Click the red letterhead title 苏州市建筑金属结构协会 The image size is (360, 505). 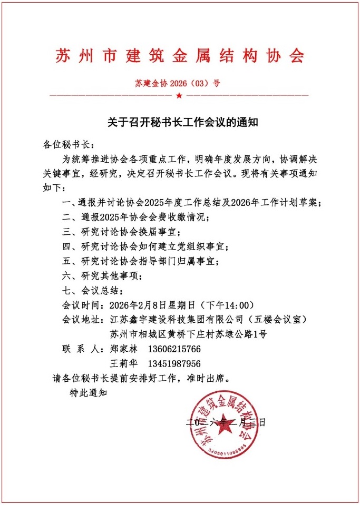(x=180, y=56)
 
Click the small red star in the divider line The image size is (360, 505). (x=179, y=96)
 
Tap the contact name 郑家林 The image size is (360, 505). (x=123, y=349)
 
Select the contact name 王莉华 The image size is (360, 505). (x=123, y=363)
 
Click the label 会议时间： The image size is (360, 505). (x=84, y=305)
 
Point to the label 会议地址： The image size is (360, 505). (x=84, y=320)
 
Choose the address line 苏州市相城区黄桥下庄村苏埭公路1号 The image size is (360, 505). (x=188, y=334)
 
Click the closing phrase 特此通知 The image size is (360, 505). (x=89, y=392)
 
